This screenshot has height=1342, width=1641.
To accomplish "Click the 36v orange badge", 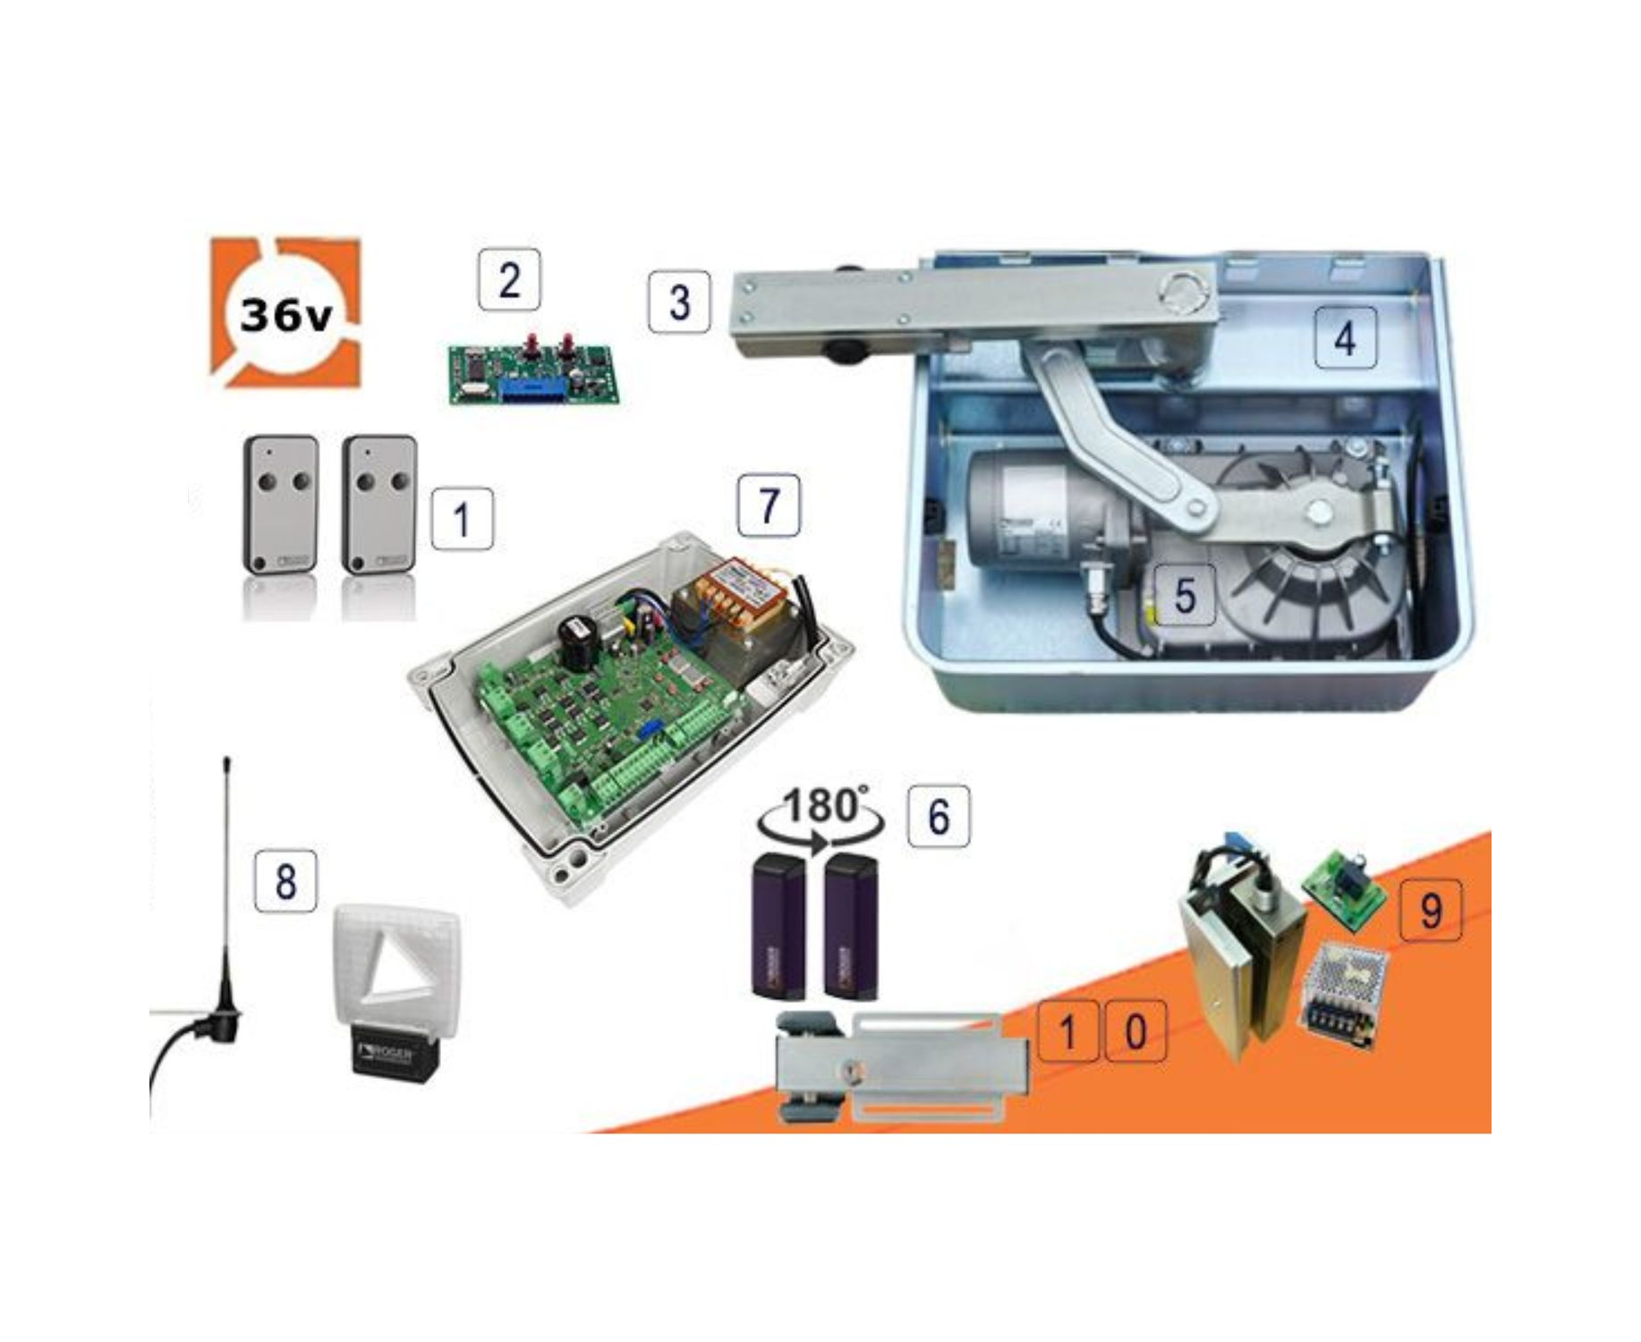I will pos(285,312).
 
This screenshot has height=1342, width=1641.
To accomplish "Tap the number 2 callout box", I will pos(509,280).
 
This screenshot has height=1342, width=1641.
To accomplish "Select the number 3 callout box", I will pos(679,302).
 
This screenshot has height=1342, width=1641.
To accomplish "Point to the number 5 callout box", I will pos(1185,595).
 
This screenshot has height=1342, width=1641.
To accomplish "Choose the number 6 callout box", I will pos(938,815).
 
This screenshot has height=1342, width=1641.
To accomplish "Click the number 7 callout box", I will pos(769,505).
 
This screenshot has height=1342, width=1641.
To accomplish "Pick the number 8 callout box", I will pos(285,881).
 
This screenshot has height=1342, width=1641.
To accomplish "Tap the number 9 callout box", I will pos(1430,910).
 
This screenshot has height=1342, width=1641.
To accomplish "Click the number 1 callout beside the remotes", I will pos(462,519).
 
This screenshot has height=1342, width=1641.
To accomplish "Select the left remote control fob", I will pos(281,504).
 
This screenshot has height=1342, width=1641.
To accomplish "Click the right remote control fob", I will pos(379,504).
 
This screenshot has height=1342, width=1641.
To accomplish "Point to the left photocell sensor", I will pos(778,926).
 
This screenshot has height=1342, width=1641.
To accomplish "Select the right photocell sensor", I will pos(851,926).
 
